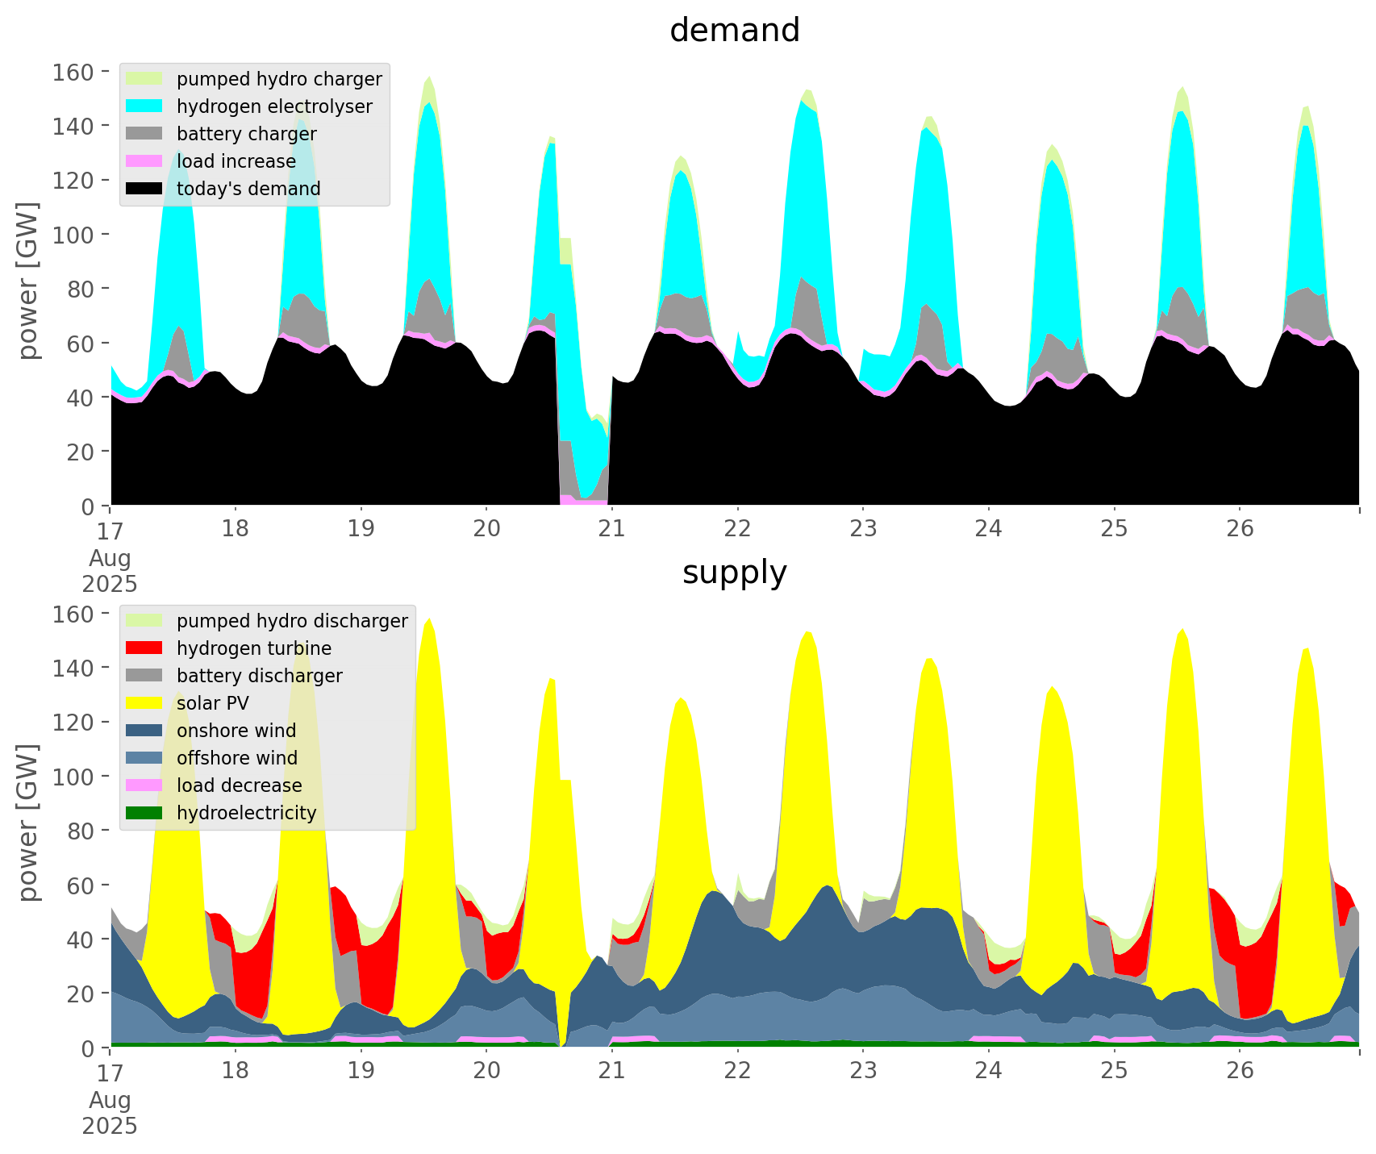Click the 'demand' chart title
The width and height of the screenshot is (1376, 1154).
(734, 31)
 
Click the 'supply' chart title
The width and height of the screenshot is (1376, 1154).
(734, 573)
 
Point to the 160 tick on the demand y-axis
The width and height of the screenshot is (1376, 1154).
(73, 73)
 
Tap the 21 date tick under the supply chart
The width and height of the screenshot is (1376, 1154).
(612, 1070)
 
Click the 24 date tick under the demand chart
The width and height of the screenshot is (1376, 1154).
(989, 528)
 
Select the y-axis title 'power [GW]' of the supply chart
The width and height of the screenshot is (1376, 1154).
(27, 823)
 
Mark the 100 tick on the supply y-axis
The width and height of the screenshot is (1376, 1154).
(73, 777)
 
